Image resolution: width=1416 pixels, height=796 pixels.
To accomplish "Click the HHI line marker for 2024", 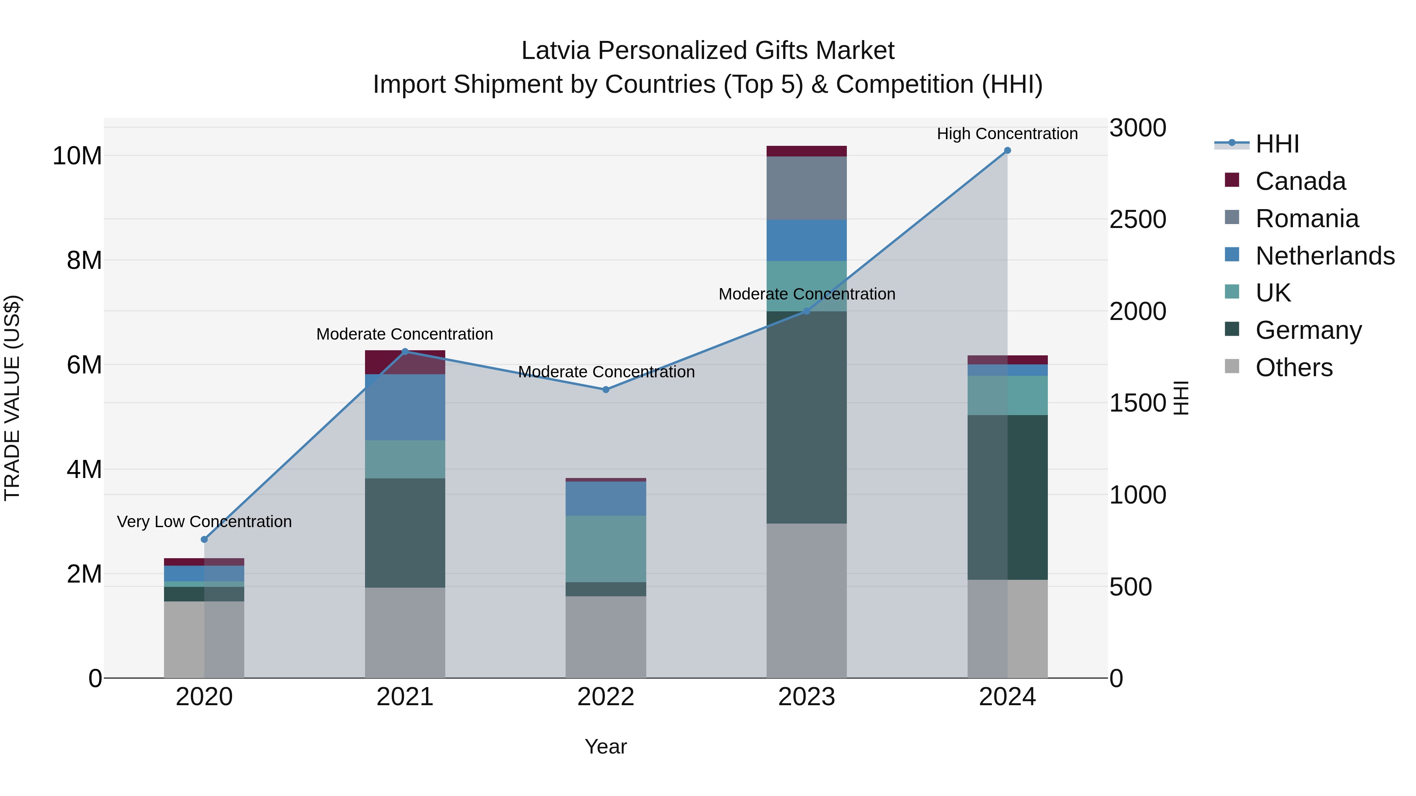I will [x=1007, y=151].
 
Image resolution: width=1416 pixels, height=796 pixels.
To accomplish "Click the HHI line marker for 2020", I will [x=205, y=539].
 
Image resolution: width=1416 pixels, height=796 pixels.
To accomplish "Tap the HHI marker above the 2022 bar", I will [x=606, y=390].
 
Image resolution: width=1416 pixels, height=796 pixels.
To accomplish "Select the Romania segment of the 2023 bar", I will [x=806, y=188].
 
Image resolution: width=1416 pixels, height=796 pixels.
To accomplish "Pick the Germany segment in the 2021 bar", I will [x=405, y=533].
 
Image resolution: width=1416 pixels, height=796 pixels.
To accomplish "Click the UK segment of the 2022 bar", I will [x=606, y=548].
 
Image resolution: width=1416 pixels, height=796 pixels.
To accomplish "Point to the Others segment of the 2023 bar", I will [x=806, y=600].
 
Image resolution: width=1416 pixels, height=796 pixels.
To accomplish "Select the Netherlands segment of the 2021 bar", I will [x=405, y=407].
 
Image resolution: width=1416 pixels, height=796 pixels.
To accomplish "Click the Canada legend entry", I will [x=1300, y=181].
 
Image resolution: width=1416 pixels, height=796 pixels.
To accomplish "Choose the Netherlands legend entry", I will [x=1325, y=256].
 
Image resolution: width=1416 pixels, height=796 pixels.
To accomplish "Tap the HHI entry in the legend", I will [x=1277, y=144].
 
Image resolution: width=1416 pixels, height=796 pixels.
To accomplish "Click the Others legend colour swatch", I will [x=1232, y=366].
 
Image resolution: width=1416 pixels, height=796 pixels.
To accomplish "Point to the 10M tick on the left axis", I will [x=77, y=156].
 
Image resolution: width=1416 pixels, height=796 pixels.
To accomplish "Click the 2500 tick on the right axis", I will [x=1137, y=219].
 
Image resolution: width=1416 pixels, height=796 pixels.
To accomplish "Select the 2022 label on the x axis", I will [x=606, y=697].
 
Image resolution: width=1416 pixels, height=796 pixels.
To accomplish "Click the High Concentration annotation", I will [x=1007, y=134].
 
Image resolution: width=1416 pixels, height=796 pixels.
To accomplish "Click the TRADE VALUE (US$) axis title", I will [x=12, y=398].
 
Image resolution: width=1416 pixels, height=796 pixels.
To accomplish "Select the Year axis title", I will [x=606, y=746].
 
